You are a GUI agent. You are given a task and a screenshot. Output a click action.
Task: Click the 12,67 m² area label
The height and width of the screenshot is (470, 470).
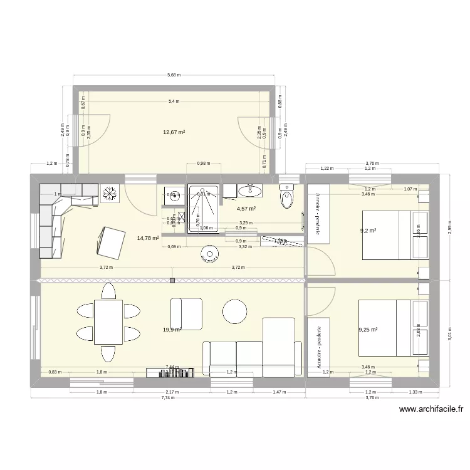coord(174,132)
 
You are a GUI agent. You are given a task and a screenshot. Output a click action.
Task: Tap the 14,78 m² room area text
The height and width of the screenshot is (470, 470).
coord(148,238)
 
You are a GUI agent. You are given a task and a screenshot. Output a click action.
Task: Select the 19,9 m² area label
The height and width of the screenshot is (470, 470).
coord(172,329)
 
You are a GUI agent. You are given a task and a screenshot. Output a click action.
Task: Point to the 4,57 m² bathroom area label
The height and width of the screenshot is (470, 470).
coord(247,209)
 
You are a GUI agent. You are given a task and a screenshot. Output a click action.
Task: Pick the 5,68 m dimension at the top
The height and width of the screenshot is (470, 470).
coord(174,75)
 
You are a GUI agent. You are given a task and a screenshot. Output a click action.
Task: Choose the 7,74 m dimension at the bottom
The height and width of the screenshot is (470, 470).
coord(167,398)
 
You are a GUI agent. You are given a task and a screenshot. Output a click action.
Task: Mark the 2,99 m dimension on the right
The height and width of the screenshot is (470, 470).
coord(450,227)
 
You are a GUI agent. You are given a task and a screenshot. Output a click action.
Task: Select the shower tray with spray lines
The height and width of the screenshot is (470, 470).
coord(204,208)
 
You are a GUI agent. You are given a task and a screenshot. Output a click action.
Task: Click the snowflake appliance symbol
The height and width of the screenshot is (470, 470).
coord(110,194)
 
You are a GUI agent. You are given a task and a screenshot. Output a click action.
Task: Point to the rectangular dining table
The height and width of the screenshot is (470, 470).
coord(108,322)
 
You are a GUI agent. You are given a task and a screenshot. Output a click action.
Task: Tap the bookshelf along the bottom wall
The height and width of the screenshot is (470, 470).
coord(167,373)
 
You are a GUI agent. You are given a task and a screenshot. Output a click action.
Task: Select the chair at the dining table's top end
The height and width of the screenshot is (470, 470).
coord(108,291)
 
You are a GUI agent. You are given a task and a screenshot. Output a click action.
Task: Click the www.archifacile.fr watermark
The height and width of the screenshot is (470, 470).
coord(432,410)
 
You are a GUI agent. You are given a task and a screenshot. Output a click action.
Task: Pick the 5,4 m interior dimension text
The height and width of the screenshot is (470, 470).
coord(174,101)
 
